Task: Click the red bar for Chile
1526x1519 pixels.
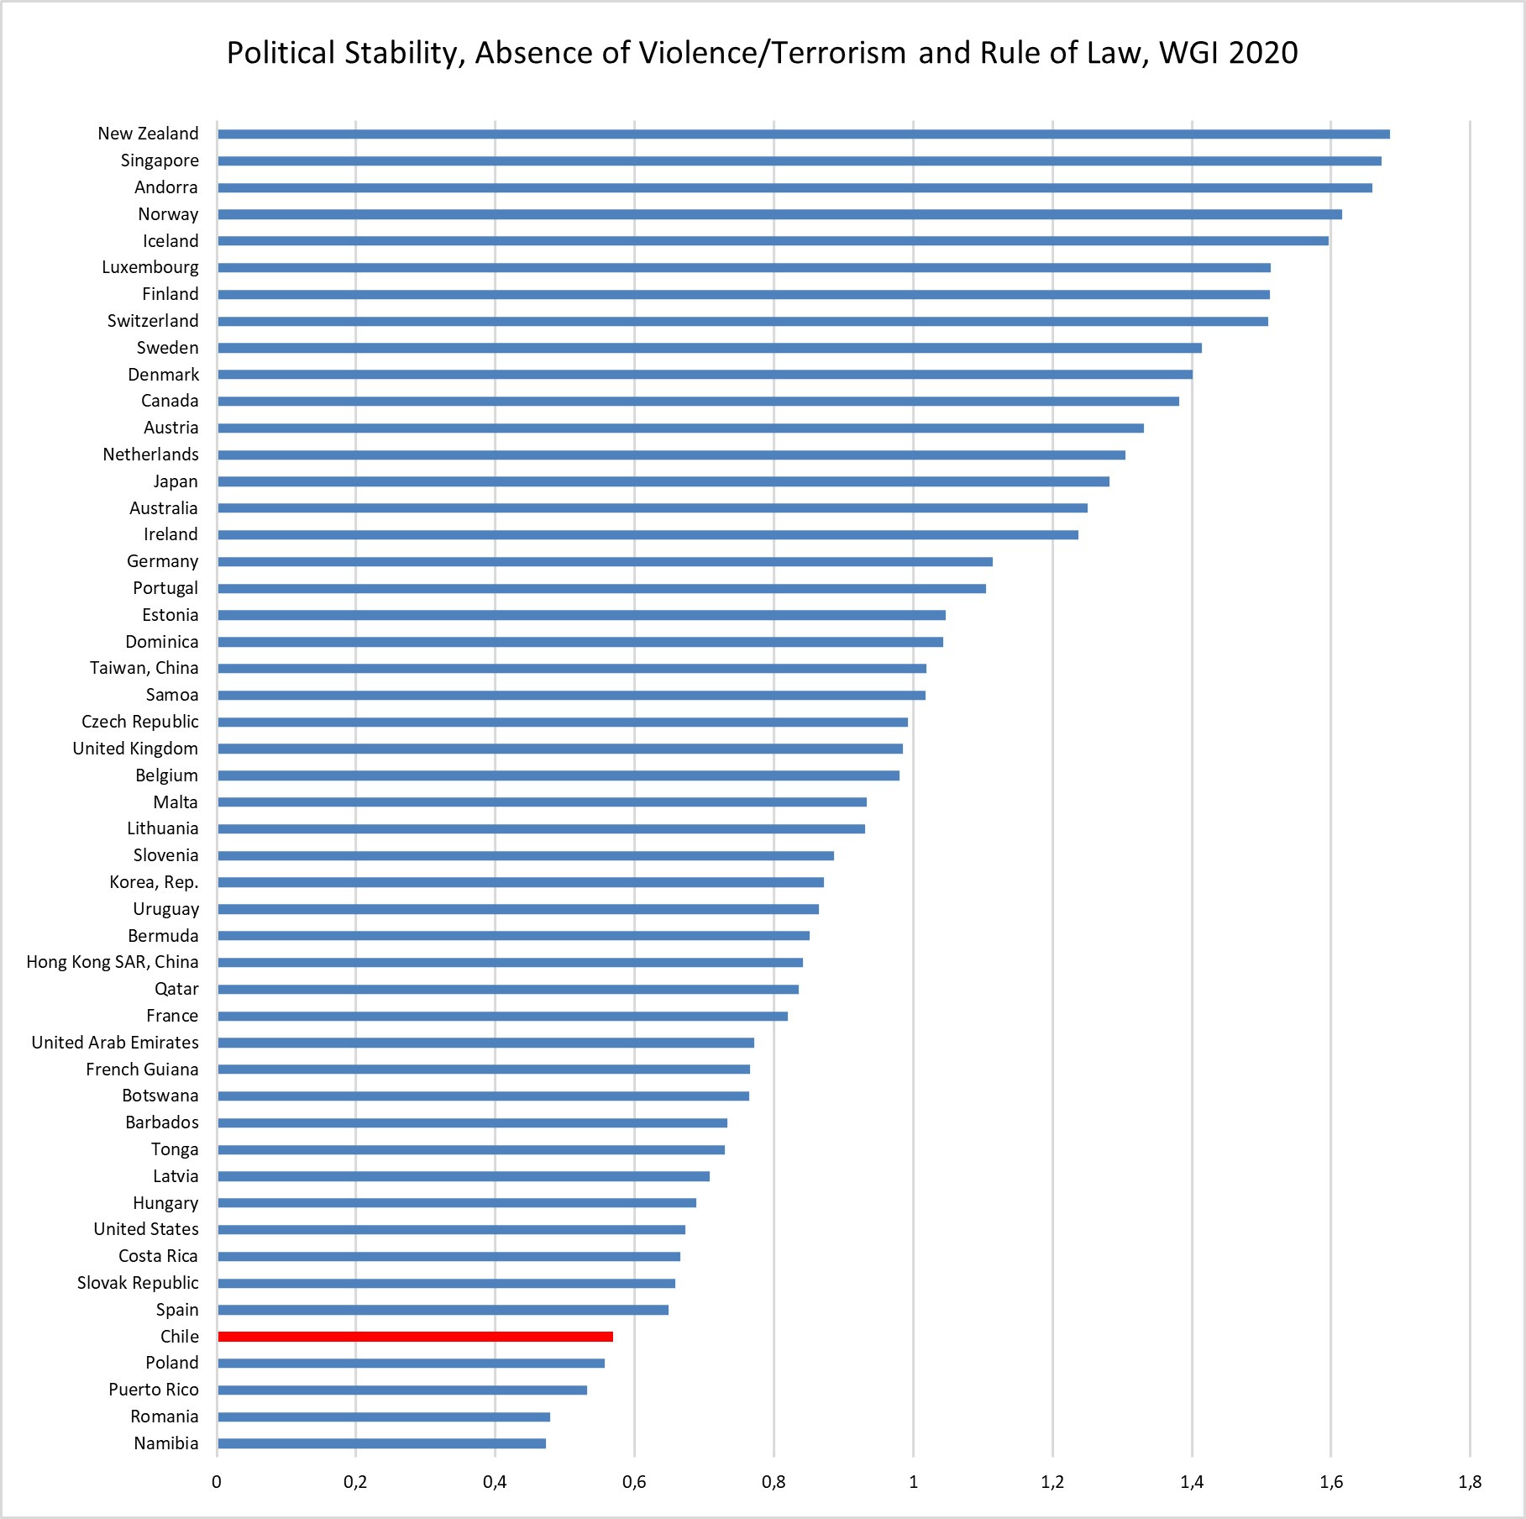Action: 415,1336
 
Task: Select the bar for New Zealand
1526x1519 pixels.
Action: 803,134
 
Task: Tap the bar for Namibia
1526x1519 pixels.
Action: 381,1443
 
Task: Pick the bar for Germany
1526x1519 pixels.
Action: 605,561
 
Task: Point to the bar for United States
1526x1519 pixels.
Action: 451,1229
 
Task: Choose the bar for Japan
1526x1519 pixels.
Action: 663,481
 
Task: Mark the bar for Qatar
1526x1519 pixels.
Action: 508,989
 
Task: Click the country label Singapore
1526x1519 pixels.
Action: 160,160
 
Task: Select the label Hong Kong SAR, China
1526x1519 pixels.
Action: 113,962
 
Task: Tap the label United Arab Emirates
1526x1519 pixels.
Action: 115,1043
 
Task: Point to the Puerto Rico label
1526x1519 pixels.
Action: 154,1390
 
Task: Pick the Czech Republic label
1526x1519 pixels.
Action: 140,722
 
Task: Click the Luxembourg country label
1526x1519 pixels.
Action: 150,267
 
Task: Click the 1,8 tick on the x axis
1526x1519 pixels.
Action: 1470,1482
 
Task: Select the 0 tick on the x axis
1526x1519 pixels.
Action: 217,1482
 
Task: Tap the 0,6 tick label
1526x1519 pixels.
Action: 634,1482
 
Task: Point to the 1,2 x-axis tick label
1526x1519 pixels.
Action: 1052,1482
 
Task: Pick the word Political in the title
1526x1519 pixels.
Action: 281,53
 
